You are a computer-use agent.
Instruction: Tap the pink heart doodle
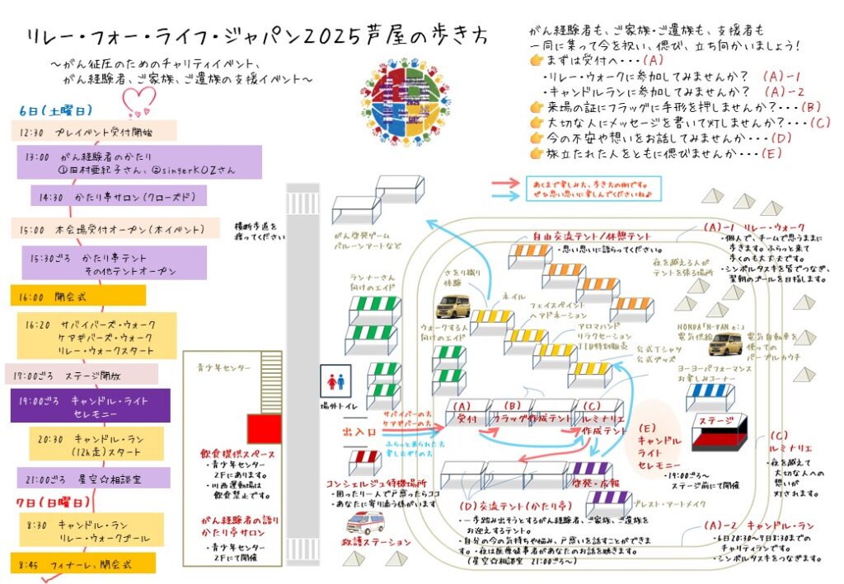[138, 100]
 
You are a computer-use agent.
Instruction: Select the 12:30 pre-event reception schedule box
[94, 131]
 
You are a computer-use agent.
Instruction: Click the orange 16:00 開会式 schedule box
[78, 295]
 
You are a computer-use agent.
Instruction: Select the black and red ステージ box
[719, 432]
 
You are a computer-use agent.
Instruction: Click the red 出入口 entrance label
[359, 431]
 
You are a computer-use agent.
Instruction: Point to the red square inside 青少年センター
[265, 428]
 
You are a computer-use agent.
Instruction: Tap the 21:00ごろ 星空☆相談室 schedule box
[93, 478]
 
